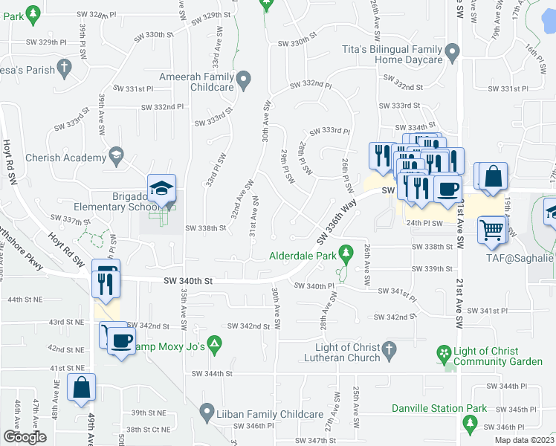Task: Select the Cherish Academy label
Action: click(x=65, y=158)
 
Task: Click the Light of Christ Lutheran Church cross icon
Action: click(x=387, y=349)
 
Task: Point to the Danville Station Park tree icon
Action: click(x=469, y=424)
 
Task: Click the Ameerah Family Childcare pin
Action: click(x=244, y=79)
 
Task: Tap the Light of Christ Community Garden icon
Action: click(x=444, y=352)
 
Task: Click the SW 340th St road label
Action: click(x=189, y=281)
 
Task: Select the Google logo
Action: click(x=25, y=436)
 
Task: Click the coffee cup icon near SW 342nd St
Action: click(x=121, y=341)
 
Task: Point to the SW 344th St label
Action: click(x=213, y=373)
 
